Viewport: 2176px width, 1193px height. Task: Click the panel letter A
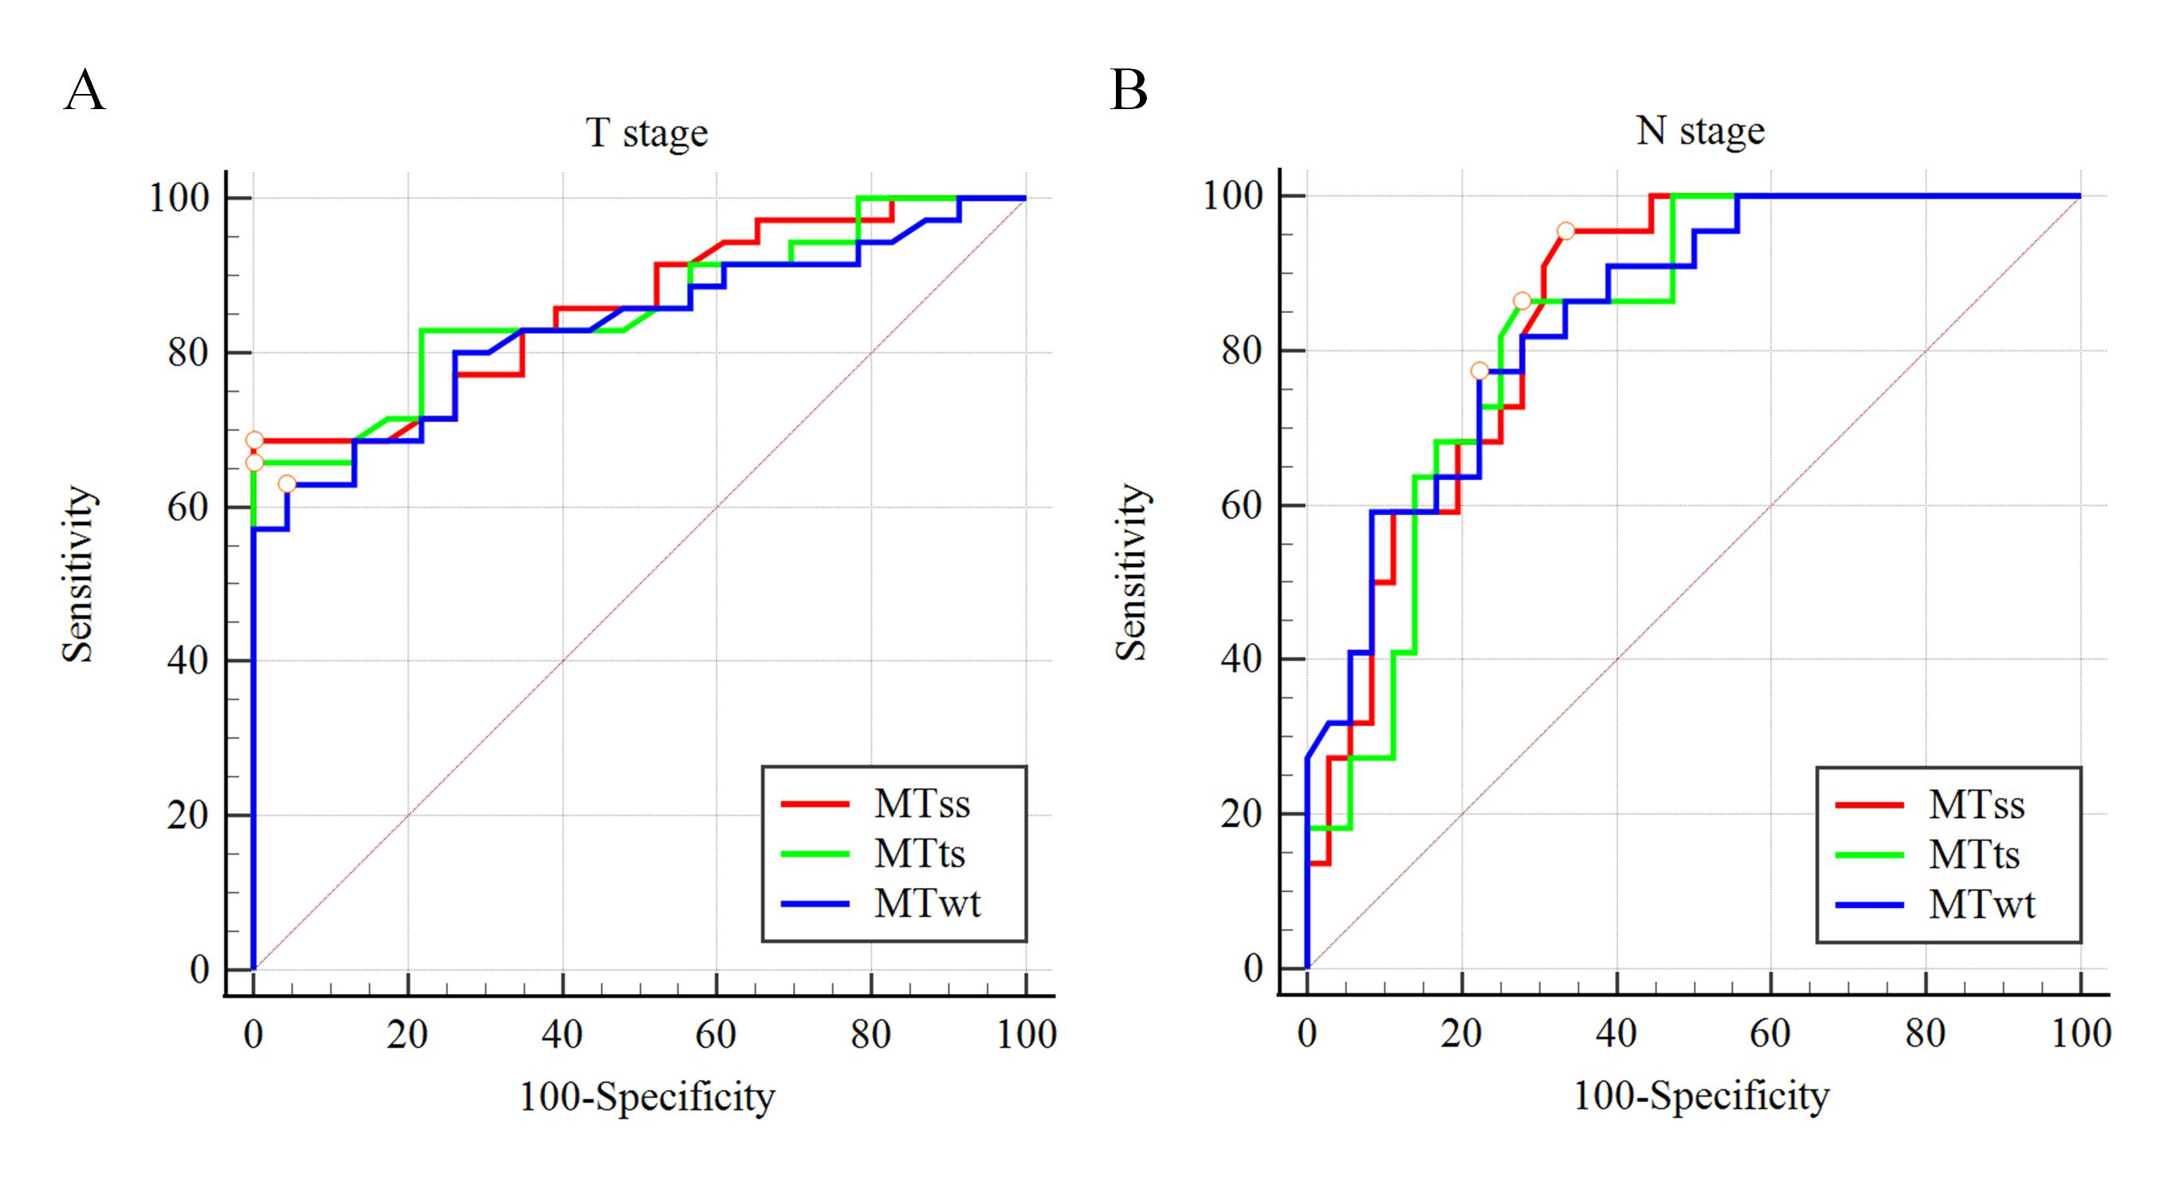click(84, 90)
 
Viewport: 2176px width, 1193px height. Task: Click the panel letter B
click(1129, 90)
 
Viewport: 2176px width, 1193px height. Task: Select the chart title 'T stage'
click(647, 132)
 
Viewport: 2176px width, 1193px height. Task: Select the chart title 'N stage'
click(1700, 131)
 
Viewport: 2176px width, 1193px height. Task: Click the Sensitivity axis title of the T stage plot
click(78, 574)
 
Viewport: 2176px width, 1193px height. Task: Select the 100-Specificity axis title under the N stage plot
click(1700, 1096)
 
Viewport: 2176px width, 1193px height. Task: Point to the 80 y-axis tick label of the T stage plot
click(187, 353)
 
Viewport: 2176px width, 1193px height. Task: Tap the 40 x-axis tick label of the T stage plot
click(562, 1035)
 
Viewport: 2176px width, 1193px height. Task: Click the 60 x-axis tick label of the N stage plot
click(1770, 1034)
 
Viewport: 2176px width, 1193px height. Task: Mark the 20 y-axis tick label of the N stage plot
click(1241, 814)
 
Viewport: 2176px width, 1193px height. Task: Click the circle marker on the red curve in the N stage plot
click(1565, 231)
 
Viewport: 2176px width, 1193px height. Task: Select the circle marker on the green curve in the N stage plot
click(1522, 301)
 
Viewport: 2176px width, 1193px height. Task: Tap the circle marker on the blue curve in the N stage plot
click(1479, 370)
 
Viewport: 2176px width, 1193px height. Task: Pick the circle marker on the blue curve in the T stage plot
click(287, 483)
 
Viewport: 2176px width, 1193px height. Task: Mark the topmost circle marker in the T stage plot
click(254, 440)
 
